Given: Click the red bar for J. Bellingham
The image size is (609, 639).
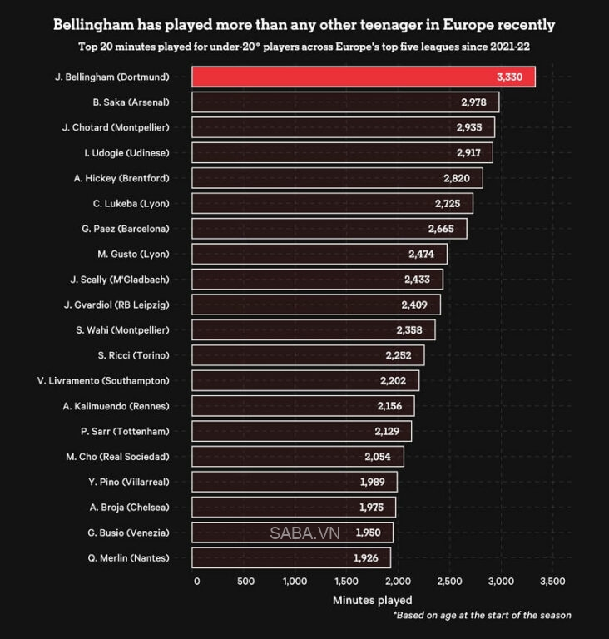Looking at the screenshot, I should pyautogui.click(x=363, y=77).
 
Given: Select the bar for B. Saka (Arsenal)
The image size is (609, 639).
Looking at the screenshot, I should pyautogui.click(x=345, y=102).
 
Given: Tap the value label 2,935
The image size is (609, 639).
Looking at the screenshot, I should pyautogui.click(x=471, y=127).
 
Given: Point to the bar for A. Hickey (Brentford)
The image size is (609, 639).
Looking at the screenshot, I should pyautogui.click(x=337, y=177).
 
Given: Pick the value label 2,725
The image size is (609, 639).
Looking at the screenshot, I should pyautogui.click(x=451, y=203).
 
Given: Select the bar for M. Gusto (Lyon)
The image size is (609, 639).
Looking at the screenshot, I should pyautogui.click(x=319, y=253).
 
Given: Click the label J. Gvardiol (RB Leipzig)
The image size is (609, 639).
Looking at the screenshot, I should pyautogui.click(x=116, y=304).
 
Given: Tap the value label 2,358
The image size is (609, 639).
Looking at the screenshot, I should pyautogui.click(x=413, y=329).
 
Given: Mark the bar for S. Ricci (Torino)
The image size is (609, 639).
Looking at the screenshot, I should pyautogui.click(x=308, y=355).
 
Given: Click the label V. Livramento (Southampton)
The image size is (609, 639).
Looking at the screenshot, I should pyautogui.click(x=103, y=380).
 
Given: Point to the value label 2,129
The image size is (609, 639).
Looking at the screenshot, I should pyautogui.click(x=389, y=431).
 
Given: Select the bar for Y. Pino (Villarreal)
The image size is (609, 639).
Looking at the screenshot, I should pyautogui.click(x=295, y=482).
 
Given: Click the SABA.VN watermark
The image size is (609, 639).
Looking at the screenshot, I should pyautogui.click(x=303, y=532).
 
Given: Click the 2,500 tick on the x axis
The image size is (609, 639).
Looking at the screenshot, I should pyautogui.click(x=449, y=581).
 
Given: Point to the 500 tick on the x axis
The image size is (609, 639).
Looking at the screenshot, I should pyautogui.click(x=245, y=581).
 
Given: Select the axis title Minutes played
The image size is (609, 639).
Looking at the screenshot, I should pyautogui.click(x=372, y=599).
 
